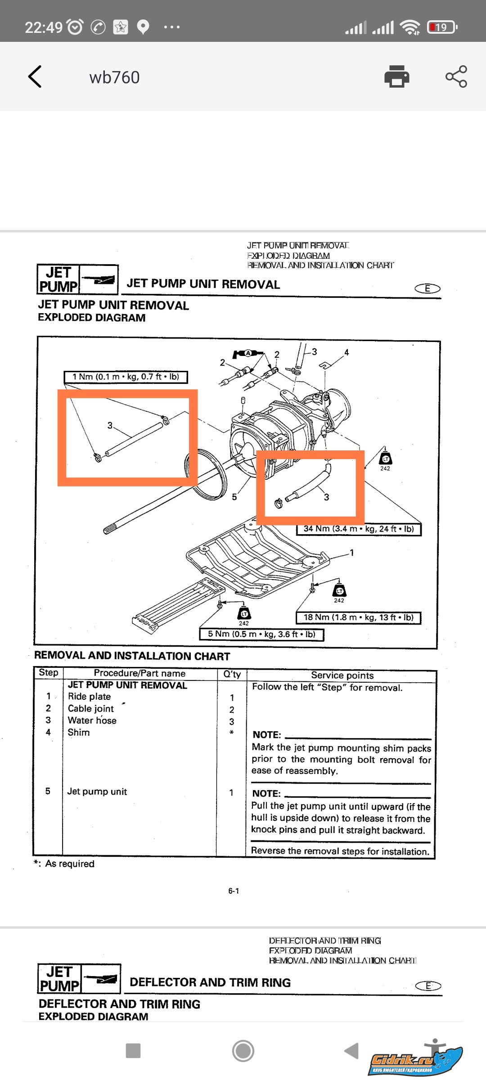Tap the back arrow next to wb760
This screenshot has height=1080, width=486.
[x=35, y=76]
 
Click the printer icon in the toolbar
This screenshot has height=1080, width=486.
[x=396, y=76]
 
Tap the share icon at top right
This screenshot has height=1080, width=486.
[x=456, y=76]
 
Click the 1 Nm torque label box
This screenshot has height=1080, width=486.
[x=126, y=377]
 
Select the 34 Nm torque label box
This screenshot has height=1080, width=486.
[x=358, y=529]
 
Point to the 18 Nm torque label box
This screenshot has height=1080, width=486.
[x=358, y=617]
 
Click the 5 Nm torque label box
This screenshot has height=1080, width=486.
[x=261, y=634]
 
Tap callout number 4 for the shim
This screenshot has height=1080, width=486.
[x=346, y=352]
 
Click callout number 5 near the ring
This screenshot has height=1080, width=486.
[x=234, y=497]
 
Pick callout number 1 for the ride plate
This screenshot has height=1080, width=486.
[x=352, y=553]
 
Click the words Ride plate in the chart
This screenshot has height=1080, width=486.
[x=89, y=697]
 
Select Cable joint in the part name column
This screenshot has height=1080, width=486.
[x=90, y=709]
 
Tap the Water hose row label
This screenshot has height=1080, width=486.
[x=92, y=720]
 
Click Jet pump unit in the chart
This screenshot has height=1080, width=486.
[x=97, y=792]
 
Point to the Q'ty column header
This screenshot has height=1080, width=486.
[x=232, y=674]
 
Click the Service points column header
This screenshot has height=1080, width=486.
[x=342, y=675]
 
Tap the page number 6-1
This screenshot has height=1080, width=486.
[x=234, y=891]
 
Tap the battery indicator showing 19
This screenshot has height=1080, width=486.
[x=442, y=27]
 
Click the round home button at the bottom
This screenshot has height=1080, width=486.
[x=243, y=1051]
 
